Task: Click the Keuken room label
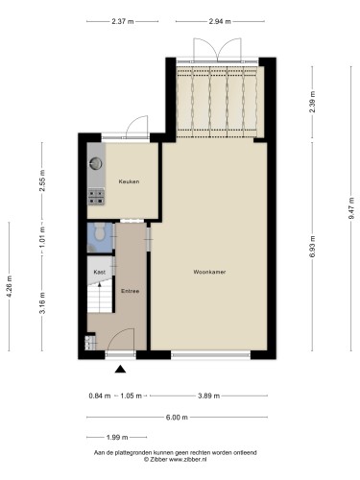click(129, 181)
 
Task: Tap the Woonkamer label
click(209, 272)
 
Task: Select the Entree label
click(130, 291)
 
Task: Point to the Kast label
click(100, 272)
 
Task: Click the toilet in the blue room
click(100, 231)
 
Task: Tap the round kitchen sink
click(96, 163)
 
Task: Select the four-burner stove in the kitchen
click(96, 197)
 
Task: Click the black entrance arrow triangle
click(120, 369)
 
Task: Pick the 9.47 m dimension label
click(351, 208)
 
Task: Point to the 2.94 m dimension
click(220, 21)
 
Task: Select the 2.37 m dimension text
click(123, 21)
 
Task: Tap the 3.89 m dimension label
click(208, 396)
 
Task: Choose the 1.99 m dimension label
click(117, 437)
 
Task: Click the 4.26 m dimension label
click(9, 286)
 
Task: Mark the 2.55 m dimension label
click(42, 180)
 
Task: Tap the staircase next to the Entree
click(100, 296)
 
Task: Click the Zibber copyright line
click(175, 459)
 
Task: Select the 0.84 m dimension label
click(100, 396)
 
